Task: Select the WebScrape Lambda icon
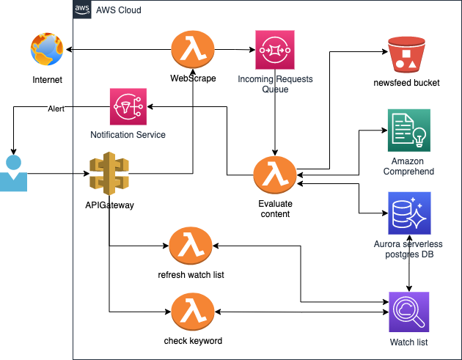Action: [192, 51]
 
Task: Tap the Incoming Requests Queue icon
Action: [274, 50]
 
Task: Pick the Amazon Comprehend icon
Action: [408, 131]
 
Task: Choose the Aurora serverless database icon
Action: [409, 213]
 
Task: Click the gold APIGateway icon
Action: [109, 175]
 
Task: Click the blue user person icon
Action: [12, 174]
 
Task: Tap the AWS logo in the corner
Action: [83, 10]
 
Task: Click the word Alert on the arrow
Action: [56, 109]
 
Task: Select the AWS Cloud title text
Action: [119, 10]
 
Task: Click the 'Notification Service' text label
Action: [128, 135]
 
